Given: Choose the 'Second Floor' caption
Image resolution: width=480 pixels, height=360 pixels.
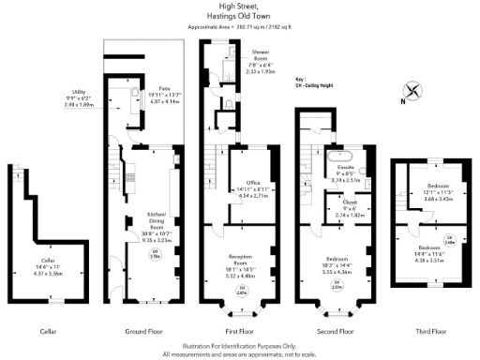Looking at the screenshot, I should tap(335, 332).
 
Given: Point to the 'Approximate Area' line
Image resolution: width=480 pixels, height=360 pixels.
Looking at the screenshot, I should tap(239, 27).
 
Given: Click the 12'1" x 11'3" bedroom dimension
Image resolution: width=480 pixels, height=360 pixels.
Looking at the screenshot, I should tap(440, 192).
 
